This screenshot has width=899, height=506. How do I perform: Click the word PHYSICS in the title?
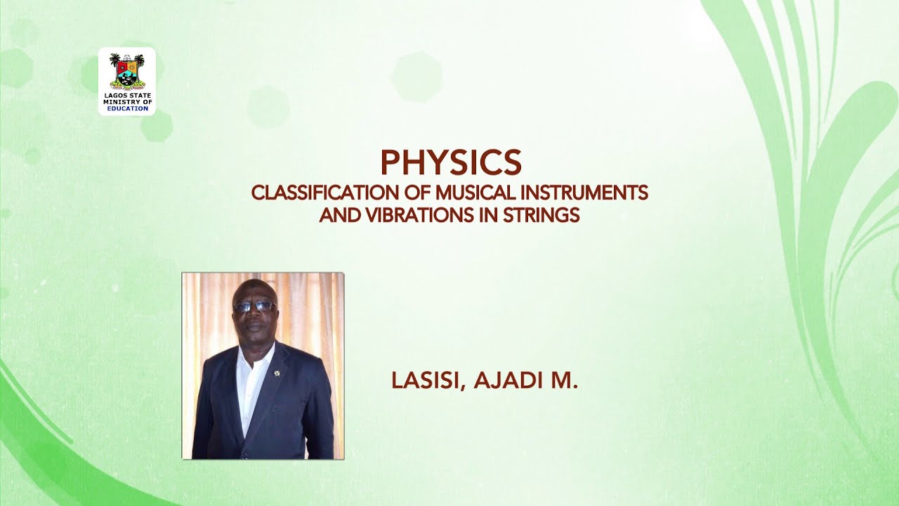coord(450,162)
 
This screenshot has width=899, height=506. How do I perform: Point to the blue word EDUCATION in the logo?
coord(127,109)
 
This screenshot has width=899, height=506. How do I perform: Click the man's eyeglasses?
coord(254,306)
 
